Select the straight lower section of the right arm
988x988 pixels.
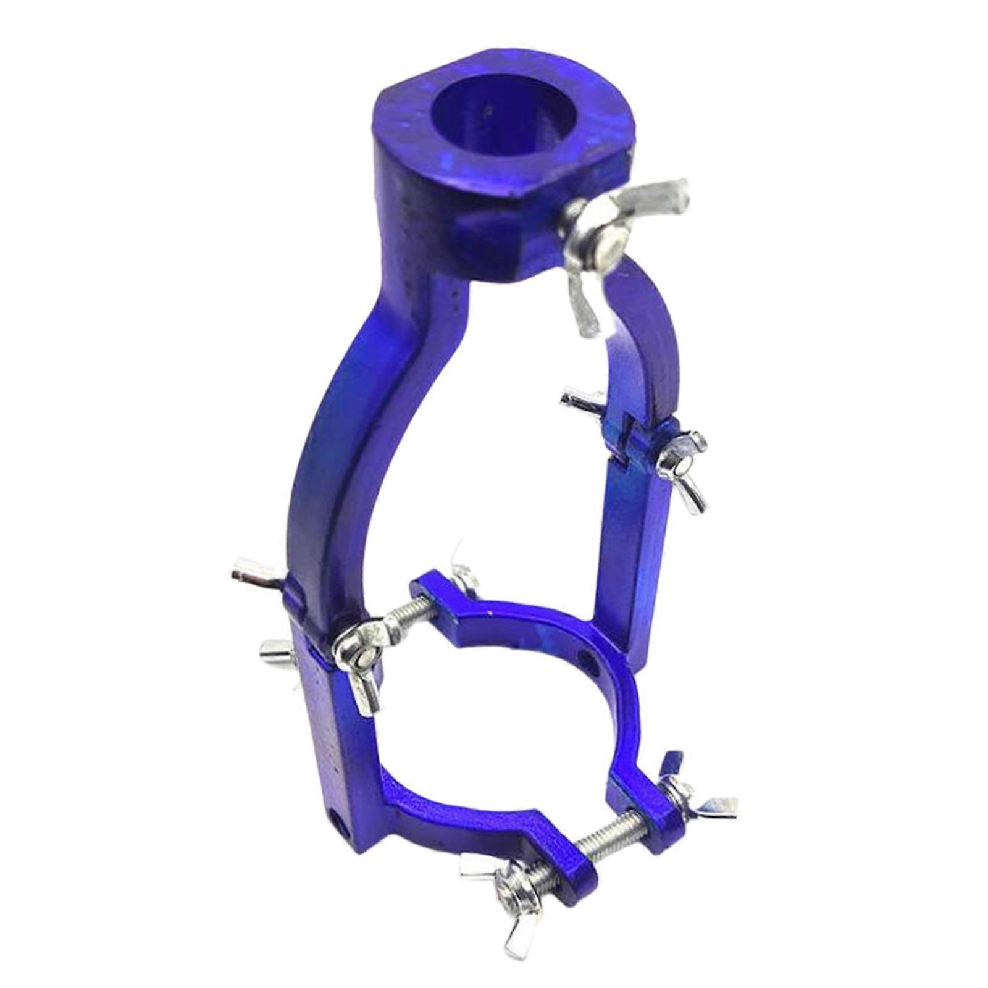click(633, 556)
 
